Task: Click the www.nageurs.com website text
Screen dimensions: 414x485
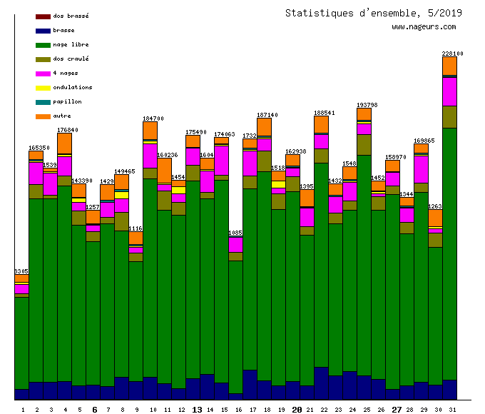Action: pos(424,27)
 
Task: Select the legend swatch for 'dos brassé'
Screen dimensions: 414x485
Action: pos(43,16)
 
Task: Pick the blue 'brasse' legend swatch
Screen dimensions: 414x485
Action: pos(43,31)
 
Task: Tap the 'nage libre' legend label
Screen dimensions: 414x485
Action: pos(71,44)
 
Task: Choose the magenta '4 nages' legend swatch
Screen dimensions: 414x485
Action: pos(43,74)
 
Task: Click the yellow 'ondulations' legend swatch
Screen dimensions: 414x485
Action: pos(43,88)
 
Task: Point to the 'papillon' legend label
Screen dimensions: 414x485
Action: pos(67,101)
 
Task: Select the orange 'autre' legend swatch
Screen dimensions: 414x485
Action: pos(43,116)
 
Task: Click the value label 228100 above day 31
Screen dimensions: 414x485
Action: pos(452,54)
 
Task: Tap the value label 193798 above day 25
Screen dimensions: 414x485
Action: pos(367,105)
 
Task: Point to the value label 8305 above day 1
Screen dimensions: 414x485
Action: pos(21,271)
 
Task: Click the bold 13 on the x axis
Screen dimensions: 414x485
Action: pos(197,410)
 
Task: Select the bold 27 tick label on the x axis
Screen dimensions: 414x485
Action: pos(397,410)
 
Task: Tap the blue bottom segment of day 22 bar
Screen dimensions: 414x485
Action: pos(321,383)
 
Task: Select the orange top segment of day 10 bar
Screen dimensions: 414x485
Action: pos(150,131)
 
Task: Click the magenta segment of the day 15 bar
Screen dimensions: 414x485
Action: pos(221,160)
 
